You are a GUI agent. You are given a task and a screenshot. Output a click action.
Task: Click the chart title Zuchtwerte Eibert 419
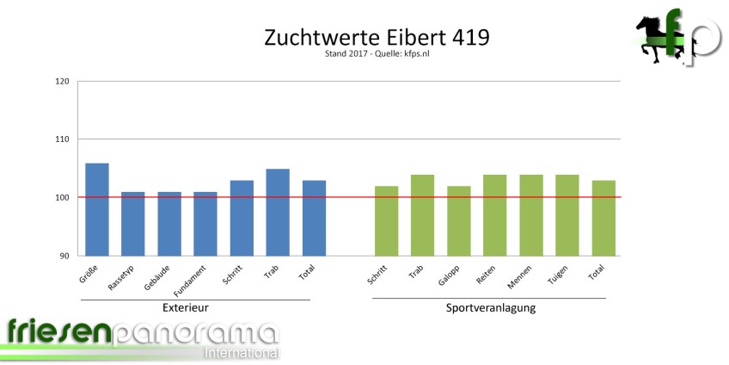[364, 38]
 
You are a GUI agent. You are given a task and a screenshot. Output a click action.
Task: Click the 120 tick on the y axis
[61, 82]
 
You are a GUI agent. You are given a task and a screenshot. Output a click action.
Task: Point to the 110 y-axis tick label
[61, 139]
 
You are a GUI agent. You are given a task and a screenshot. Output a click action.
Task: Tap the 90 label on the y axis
[64, 256]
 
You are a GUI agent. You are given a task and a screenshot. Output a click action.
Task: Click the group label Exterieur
[186, 307]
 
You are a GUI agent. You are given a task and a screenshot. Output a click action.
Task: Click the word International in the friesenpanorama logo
[240, 353]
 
